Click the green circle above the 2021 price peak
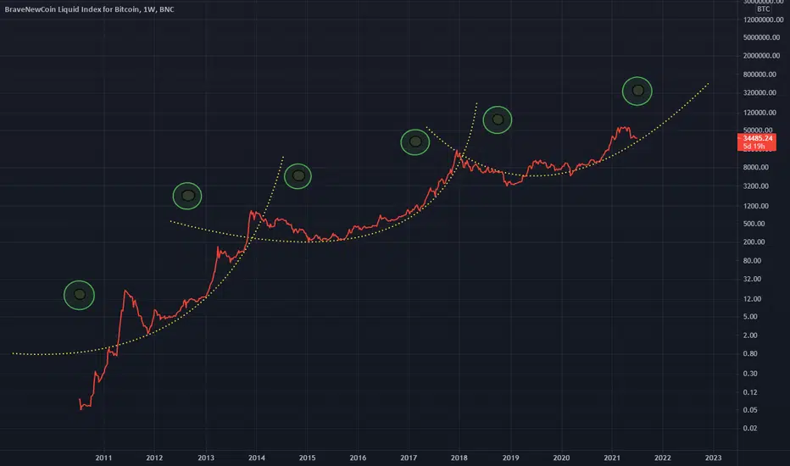point(637,91)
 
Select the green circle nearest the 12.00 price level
point(80,295)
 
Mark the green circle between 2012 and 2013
point(188,196)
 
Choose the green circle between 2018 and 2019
point(498,120)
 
